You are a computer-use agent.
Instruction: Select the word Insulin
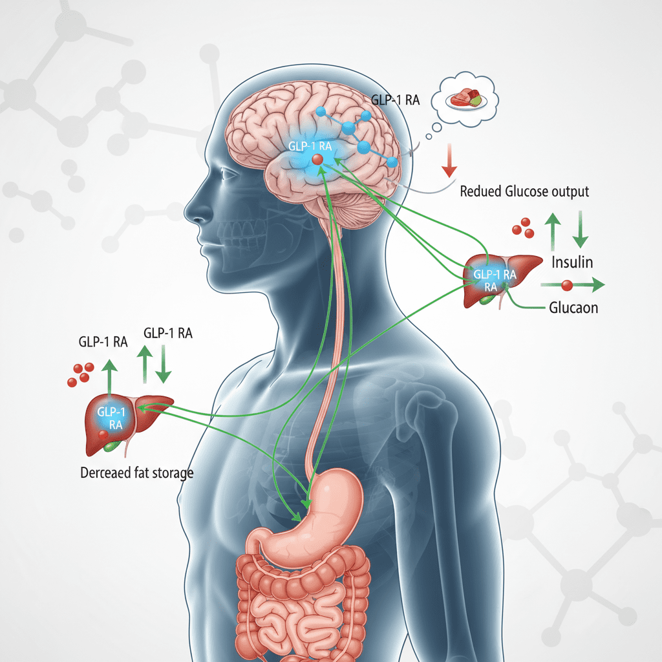coord(572,262)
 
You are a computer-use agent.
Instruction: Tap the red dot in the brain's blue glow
coord(317,159)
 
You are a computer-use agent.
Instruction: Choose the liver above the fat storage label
coord(123,420)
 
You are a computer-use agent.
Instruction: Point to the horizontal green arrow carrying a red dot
coord(572,284)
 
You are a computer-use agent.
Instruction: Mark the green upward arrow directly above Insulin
coord(553,231)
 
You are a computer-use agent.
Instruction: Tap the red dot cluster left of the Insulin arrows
coord(524,228)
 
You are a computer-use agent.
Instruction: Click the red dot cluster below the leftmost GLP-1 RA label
coord(81,375)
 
